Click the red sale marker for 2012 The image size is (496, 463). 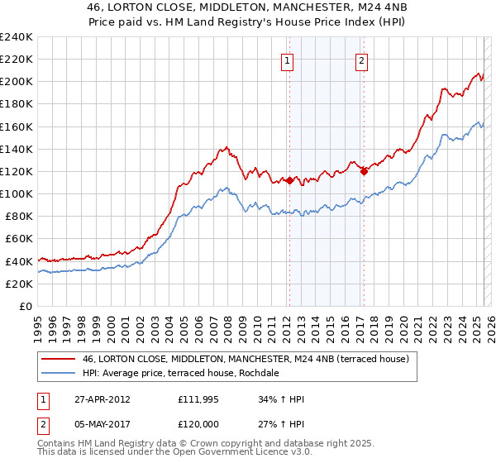(289, 180)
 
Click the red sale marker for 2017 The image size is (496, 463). (364, 171)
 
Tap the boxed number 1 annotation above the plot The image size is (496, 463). (287, 60)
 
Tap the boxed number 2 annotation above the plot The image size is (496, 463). (362, 60)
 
